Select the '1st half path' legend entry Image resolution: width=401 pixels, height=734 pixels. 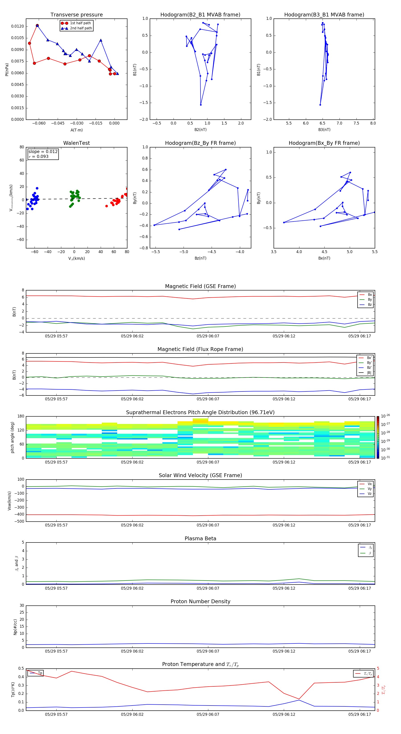click(x=80, y=23)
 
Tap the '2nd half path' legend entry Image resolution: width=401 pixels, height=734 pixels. click(x=81, y=28)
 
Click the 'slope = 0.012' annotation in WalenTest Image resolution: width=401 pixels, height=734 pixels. click(x=43, y=152)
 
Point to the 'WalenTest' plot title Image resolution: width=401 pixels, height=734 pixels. click(x=76, y=143)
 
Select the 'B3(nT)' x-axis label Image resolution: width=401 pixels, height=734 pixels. click(x=324, y=130)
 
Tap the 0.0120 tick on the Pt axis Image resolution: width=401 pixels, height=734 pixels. click(x=17, y=26)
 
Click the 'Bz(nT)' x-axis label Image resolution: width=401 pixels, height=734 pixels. click(x=200, y=258)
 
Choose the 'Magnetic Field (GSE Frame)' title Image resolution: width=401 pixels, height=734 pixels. click(x=200, y=286)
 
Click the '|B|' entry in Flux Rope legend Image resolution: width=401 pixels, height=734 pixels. click(x=369, y=373)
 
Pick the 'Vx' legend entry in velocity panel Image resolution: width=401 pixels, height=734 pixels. click(x=369, y=484)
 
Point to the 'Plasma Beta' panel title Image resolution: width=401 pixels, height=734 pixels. click(x=200, y=538)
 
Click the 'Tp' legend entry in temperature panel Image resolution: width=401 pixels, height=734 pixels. click(x=40, y=673)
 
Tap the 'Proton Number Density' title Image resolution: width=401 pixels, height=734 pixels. click(x=200, y=601)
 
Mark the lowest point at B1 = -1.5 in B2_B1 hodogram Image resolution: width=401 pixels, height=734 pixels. click(x=201, y=105)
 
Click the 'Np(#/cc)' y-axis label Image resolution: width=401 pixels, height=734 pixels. click(x=15, y=627)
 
